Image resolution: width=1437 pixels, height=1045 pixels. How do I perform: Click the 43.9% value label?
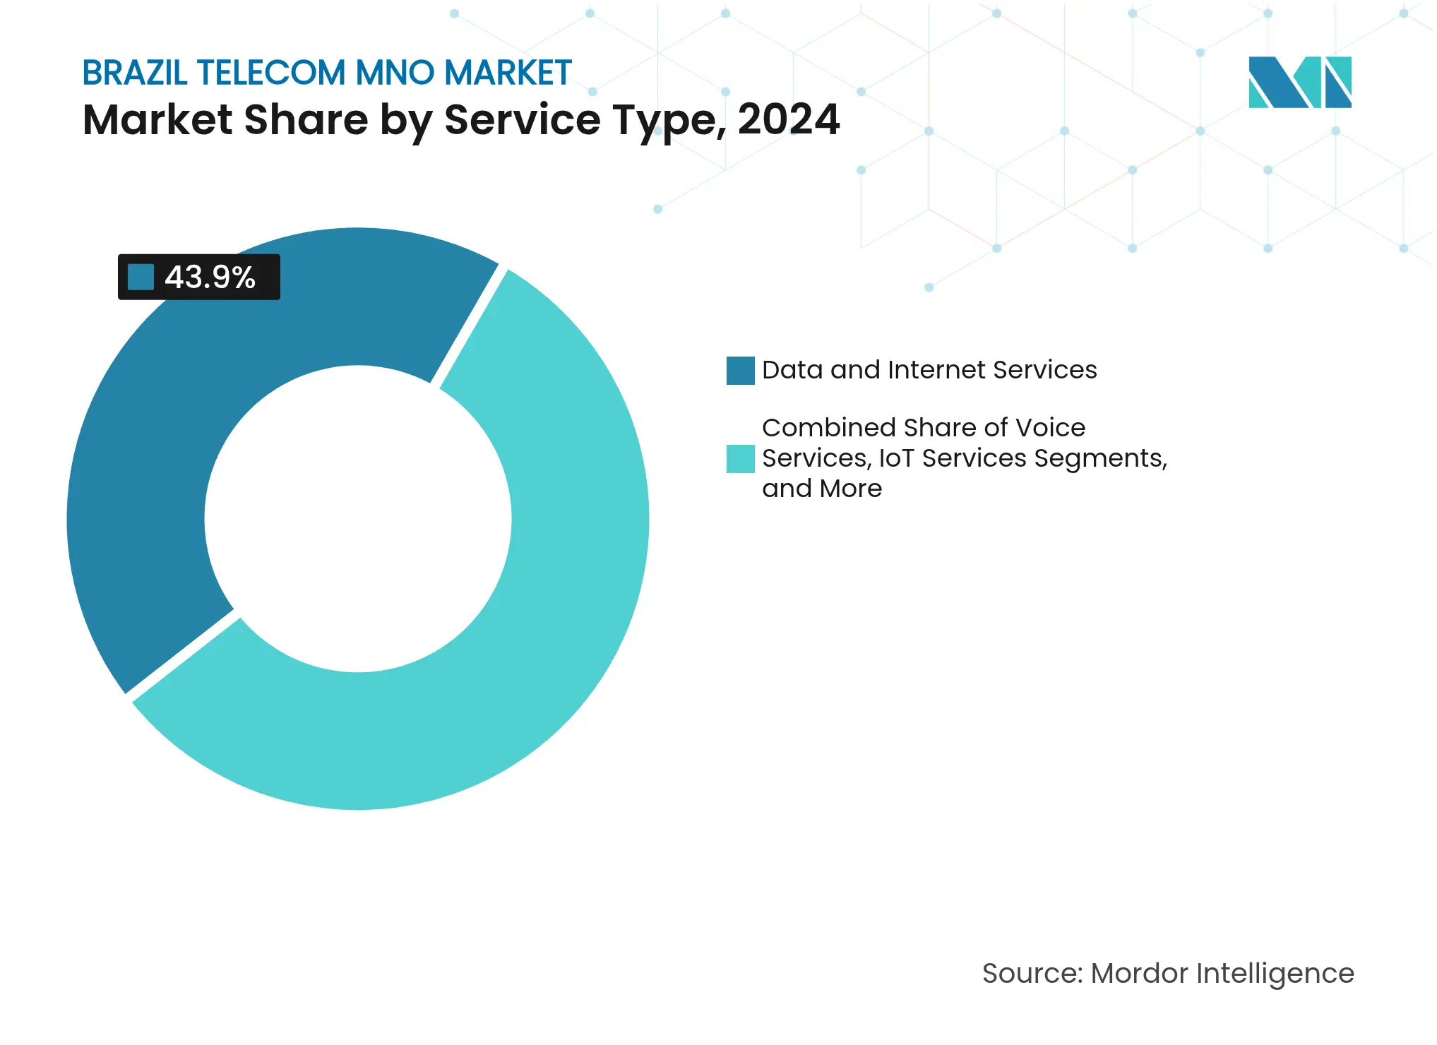coord(210,277)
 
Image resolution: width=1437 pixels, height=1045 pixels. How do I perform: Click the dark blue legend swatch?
coord(740,371)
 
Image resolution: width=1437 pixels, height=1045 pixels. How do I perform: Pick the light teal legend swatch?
coord(740,459)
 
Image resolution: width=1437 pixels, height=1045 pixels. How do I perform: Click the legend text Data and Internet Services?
coord(929,370)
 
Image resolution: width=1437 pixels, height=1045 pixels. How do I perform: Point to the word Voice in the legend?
coord(1051,428)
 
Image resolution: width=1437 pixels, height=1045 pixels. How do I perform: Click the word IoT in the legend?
coord(896,458)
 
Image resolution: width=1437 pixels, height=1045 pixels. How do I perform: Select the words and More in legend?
coord(821,489)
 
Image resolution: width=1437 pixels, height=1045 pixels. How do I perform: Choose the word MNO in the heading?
coord(394,73)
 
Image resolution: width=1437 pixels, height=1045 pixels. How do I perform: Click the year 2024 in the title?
coord(789,119)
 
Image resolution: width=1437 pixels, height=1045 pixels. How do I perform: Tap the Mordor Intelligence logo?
coord(1299,83)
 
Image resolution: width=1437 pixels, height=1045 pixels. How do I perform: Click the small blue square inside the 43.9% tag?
coord(141,277)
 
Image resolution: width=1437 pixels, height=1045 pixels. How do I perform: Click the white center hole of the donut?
coord(358,519)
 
